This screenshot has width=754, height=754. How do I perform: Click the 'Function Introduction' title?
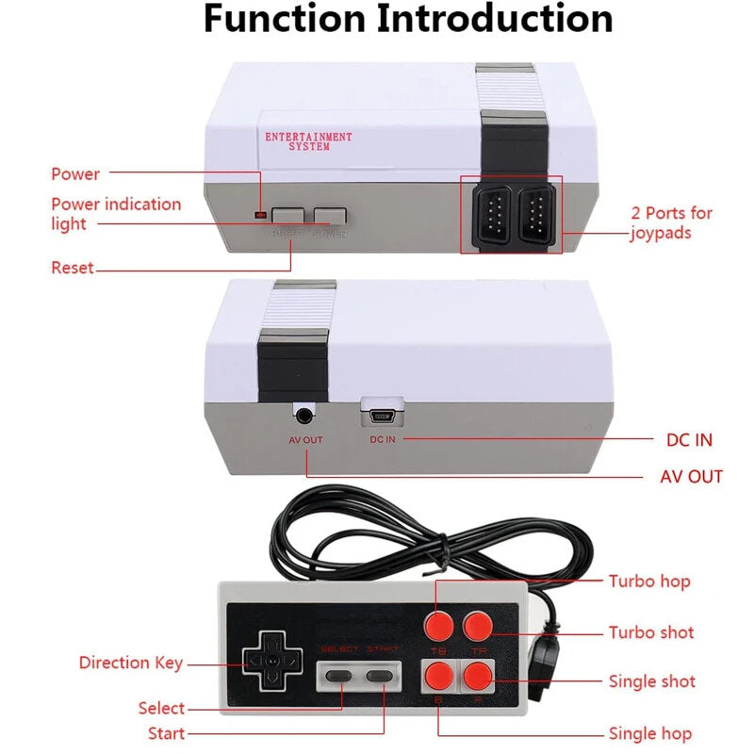[x=408, y=18]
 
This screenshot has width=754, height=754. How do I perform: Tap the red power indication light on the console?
[x=260, y=216]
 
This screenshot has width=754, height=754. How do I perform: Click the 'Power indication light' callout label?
[x=115, y=214]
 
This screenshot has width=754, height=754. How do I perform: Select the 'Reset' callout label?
[x=73, y=268]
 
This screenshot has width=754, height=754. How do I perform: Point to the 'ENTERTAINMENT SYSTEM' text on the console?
[x=307, y=141]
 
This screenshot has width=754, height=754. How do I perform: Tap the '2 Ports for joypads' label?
[x=671, y=222]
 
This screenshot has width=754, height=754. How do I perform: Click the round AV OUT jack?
[x=305, y=413]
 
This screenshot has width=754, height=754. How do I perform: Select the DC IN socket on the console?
[x=382, y=412]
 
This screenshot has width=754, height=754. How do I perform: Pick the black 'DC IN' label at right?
[x=688, y=440]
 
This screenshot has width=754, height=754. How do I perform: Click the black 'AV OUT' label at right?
[x=691, y=476]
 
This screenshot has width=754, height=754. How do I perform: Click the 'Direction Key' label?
[x=131, y=663]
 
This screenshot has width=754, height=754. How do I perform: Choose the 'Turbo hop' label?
[x=648, y=582]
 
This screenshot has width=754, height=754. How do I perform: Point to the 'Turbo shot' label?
[x=650, y=632]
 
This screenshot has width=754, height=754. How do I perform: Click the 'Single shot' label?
[x=651, y=681]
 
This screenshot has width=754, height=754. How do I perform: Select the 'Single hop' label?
[x=649, y=733]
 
